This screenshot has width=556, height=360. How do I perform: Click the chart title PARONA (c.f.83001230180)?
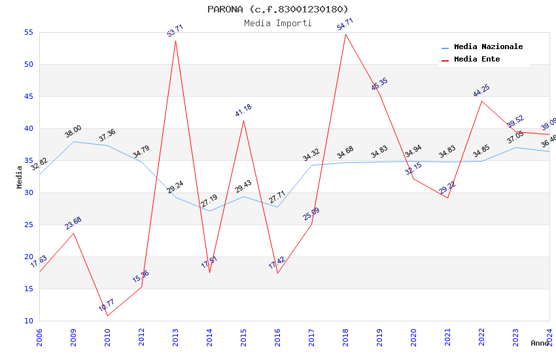[278, 9]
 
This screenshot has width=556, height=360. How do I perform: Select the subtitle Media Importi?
[278, 23]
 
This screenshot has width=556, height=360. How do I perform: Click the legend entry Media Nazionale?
[488, 47]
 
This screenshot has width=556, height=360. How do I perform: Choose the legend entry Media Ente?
[477, 59]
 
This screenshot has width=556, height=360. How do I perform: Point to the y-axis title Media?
[20, 177]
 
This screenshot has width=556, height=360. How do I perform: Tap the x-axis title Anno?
[540, 343]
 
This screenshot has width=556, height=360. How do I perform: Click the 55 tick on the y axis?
[28, 33]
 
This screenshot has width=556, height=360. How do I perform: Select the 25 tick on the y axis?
[28, 225]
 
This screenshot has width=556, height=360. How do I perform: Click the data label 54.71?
[345, 24]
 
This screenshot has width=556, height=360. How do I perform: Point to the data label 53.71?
[175, 31]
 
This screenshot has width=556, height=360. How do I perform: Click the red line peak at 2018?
[345, 34]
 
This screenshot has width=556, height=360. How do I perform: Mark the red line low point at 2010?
[107, 315]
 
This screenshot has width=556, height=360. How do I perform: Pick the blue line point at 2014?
[209, 211]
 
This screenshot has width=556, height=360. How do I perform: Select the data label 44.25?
[481, 91]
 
